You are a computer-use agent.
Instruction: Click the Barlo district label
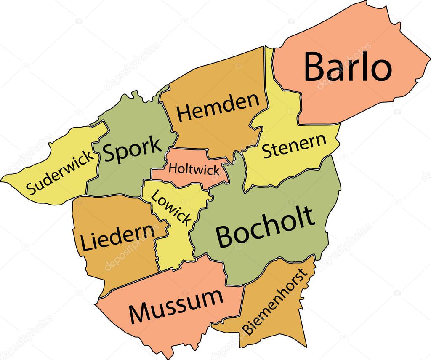pyautogui.click(x=348, y=67)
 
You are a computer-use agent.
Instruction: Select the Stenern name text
pyautogui.click(x=294, y=146)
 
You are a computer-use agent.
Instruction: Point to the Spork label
pyautogui.click(x=132, y=149)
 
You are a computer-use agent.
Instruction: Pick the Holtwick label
pyautogui.click(x=194, y=169)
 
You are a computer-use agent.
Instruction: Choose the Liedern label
pyautogui.click(x=117, y=237)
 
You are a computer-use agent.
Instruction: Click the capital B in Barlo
pyautogui.click(x=316, y=67)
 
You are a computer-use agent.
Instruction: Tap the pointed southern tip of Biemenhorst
pyautogui.click(x=305, y=346)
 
